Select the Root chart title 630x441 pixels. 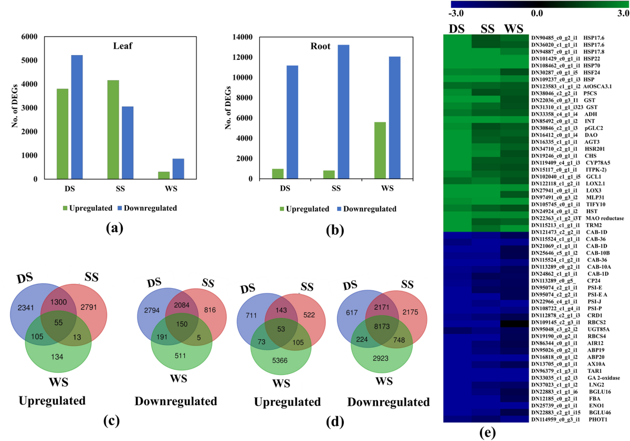point(320,46)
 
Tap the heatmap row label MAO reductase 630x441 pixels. point(599,217)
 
